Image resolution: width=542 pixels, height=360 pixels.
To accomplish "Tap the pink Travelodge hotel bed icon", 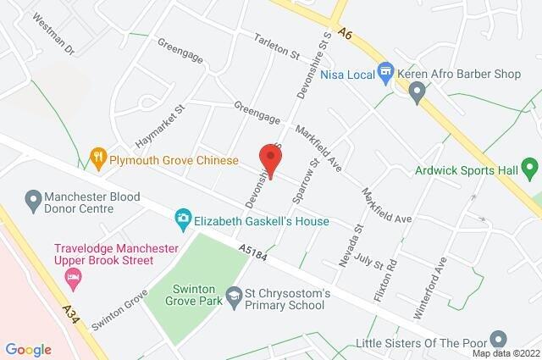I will click(75, 277).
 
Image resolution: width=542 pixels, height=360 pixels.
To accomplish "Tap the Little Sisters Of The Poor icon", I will click(500, 340).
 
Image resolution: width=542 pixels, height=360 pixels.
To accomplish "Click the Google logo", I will click(28, 350).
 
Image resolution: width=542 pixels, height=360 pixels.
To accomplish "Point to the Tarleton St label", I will click(277, 47).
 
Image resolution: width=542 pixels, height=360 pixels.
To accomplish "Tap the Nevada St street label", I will click(346, 246).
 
